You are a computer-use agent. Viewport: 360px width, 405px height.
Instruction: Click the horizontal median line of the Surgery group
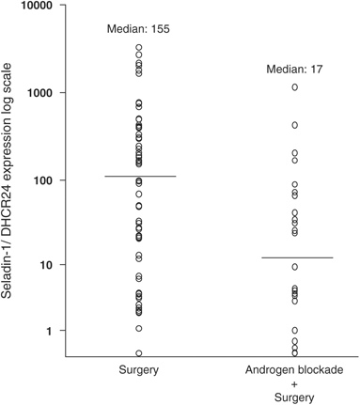pos(139,176)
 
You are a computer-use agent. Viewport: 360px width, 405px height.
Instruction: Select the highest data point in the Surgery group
pos(139,47)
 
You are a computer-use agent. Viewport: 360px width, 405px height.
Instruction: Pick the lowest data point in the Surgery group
pos(139,353)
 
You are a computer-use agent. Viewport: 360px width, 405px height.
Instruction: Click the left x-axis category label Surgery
pos(139,371)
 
